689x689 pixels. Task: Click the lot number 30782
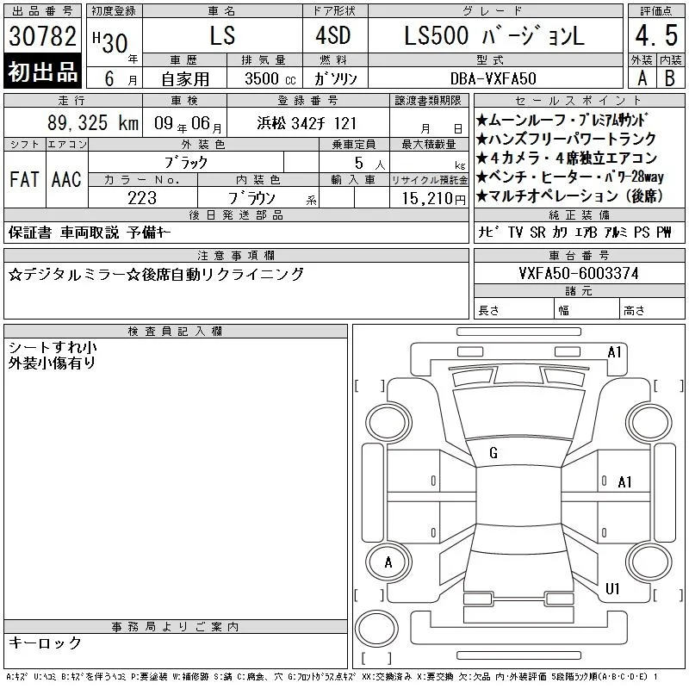pyautogui.click(x=42, y=35)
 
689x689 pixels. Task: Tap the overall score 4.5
pyautogui.click(x=656, y=35)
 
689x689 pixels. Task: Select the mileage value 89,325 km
pyautogui.click(x=93, y=122)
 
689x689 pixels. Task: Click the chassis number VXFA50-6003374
pyautogui.click(x=579, y=273)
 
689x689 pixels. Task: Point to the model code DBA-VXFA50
pyautogui.click(x=493, y=78)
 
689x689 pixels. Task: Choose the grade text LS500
pyautogui.click(x=437, y=35)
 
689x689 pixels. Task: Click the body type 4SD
pyautogui.click(x=333, y=35)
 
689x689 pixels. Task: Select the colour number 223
pyautogui.click(x=142, y=198)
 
